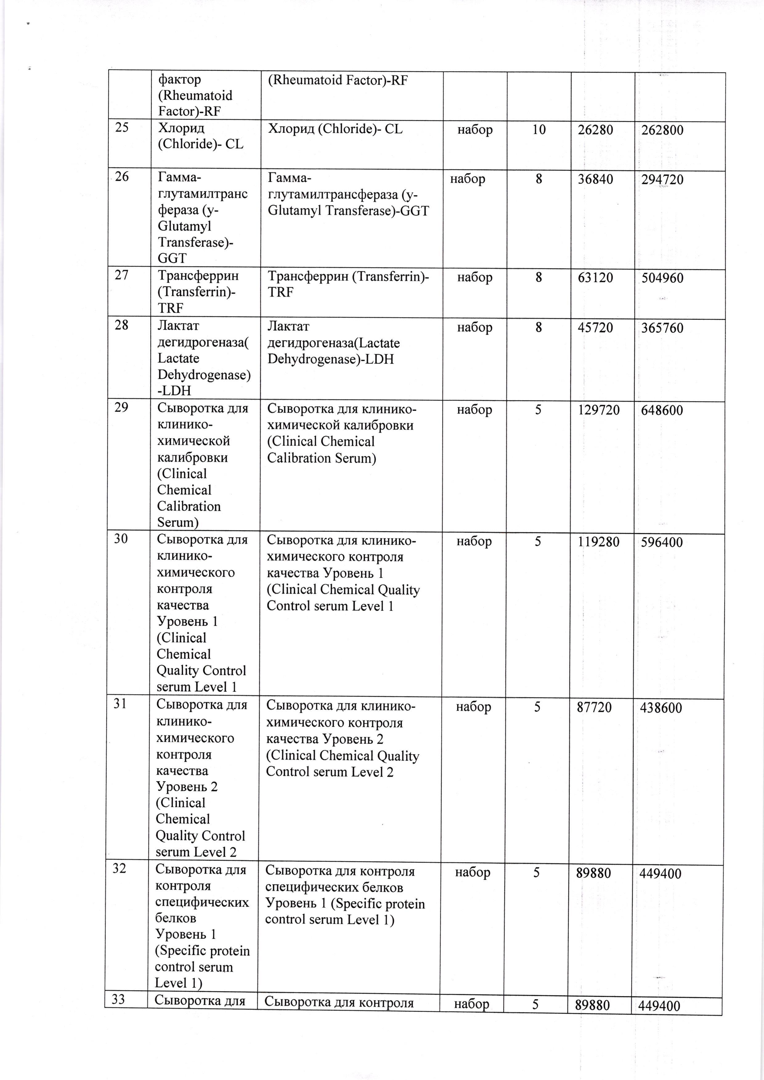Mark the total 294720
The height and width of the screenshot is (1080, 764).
point(662,180)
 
